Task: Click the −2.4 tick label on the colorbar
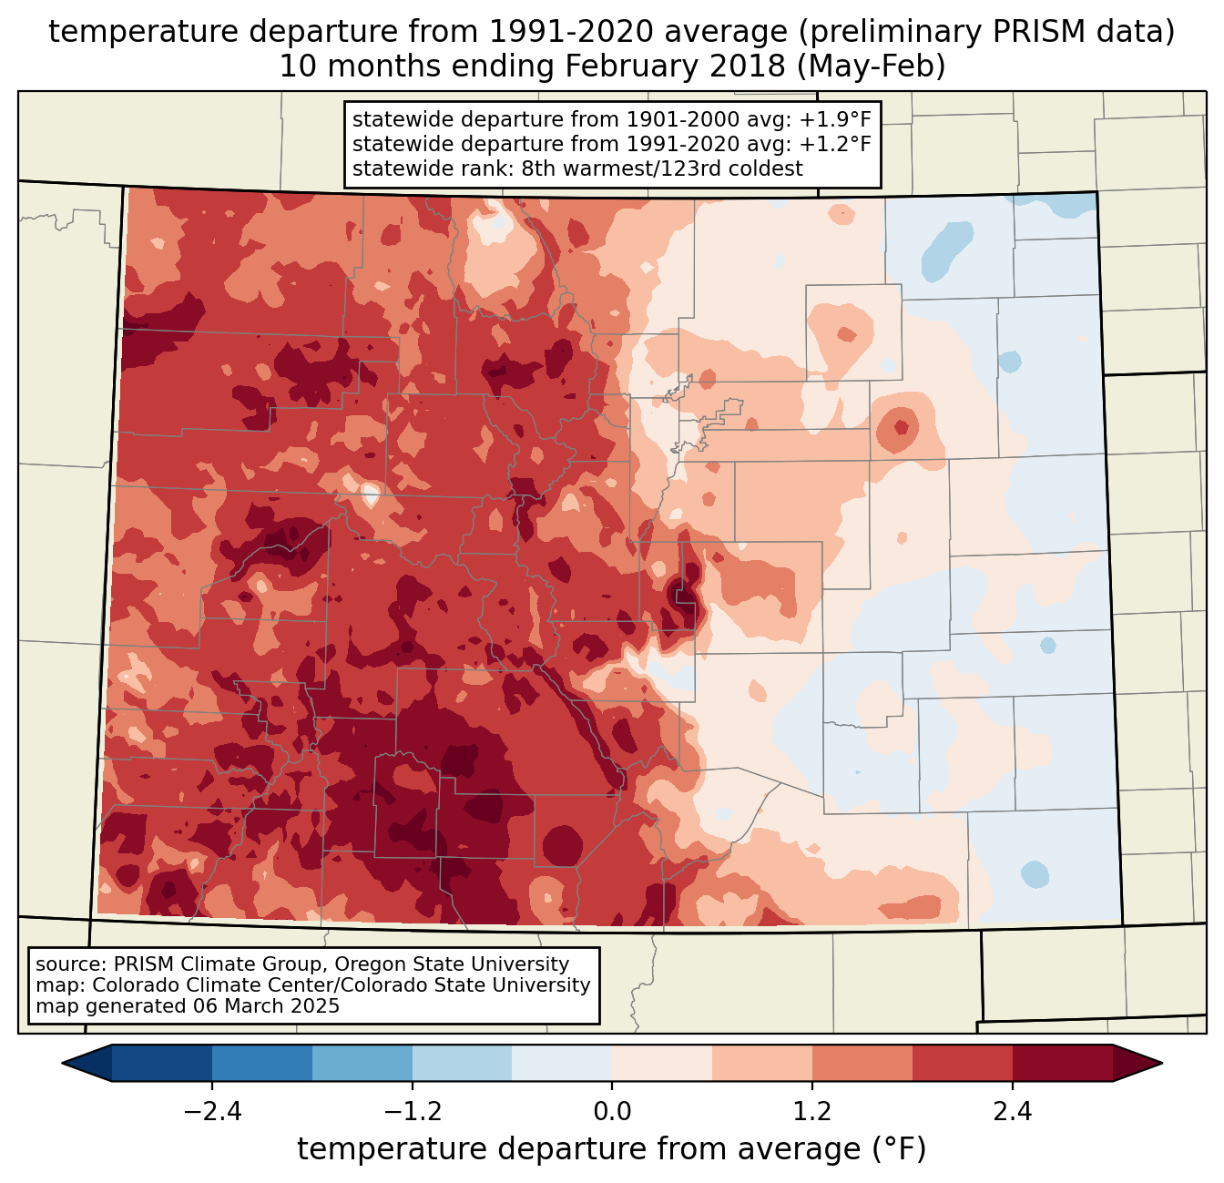coord(211,1112)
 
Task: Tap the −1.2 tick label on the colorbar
coord(412,1112)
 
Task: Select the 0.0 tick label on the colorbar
coord(612,1112)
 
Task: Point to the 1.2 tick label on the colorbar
coord(812,1112)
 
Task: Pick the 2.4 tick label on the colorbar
coord(1013,1112)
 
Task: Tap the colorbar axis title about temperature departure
coord(612,1149)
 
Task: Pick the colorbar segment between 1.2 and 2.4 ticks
coord(913,1063)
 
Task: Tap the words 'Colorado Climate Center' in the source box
coord(203,985)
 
